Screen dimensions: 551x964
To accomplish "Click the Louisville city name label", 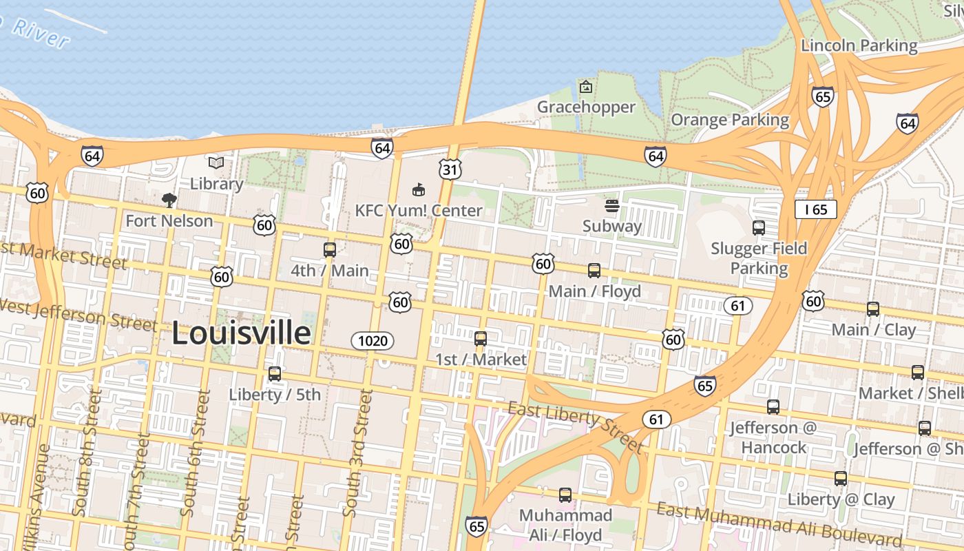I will [x=241, y=333].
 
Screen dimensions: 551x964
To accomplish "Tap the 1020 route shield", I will [x=373, y=340].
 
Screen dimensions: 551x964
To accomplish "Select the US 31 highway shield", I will [x=450, y=169].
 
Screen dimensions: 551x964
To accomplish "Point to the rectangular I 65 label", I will [x=816, y=209].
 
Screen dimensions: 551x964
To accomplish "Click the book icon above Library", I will [x=216, y=163].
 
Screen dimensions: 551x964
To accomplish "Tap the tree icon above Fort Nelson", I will [x=169, y=200].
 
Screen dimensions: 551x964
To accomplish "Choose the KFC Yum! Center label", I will [x=419, y=210].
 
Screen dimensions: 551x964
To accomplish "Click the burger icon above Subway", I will [x=611, y=206].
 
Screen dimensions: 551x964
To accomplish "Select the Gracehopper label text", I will [x=586, y=107].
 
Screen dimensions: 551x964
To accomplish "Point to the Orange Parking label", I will [x=730, y=120].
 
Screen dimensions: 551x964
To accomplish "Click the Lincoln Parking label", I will [x=859, y=46].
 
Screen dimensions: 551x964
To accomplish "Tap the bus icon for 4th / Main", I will [x=330, y=250].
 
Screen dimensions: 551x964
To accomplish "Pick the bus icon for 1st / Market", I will [x=481, y=339].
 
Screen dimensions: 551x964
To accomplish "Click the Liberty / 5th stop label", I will [x=275, y=395].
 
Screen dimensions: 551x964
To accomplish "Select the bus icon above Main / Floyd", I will [x=594, y=271].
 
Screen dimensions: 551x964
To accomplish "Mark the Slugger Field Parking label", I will [x=759, y=258].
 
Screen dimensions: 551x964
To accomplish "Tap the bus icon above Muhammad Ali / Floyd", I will [x=565, y=495].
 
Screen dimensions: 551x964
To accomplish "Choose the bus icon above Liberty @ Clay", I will [x=841, y=479].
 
